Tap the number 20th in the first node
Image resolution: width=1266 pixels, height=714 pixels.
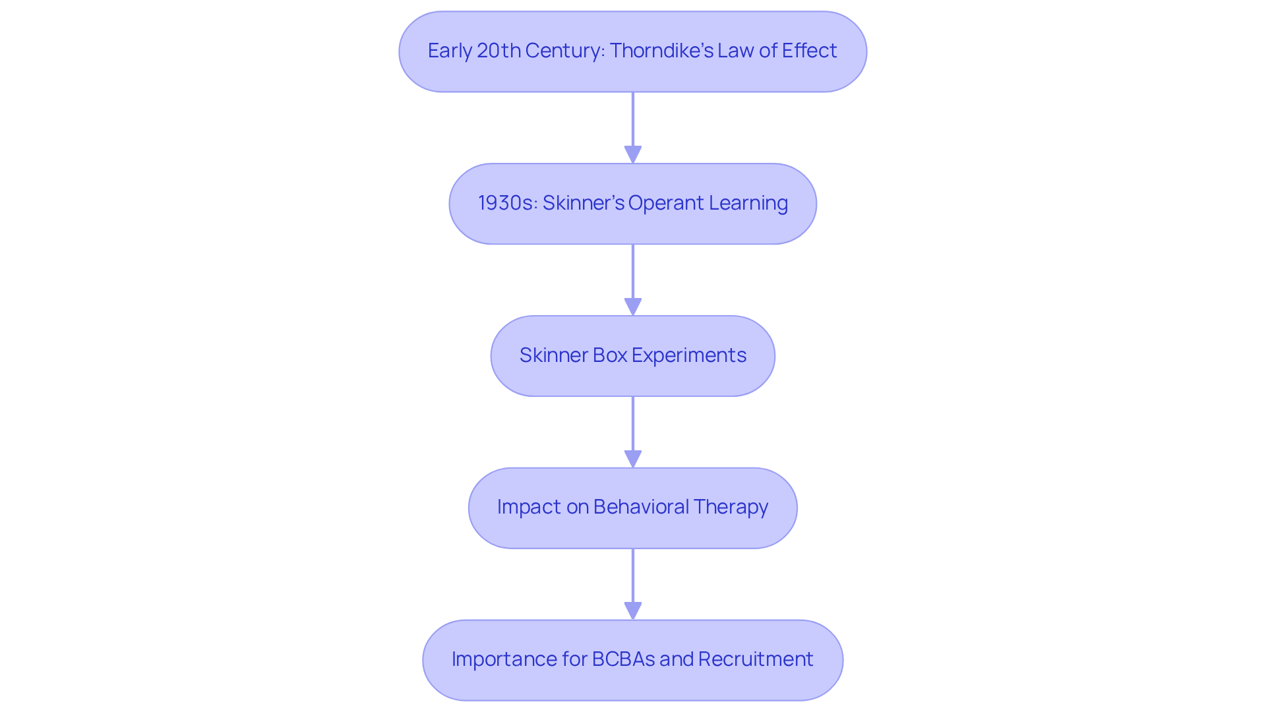(498, 51)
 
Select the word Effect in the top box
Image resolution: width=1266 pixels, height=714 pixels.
(809, 51)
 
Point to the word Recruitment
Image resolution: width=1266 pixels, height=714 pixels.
(756, 659)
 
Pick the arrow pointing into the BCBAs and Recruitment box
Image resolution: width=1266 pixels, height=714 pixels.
(633, 583)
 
